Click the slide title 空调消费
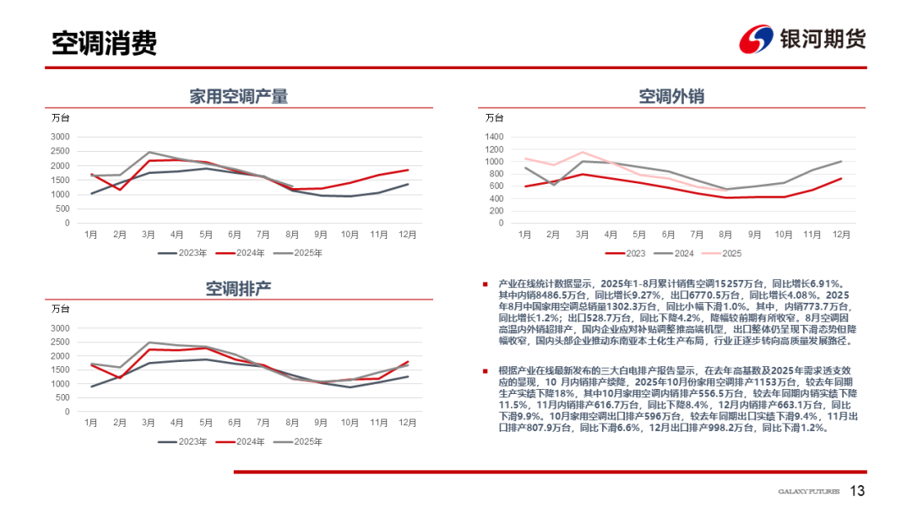tap(104, 42)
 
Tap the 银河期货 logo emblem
tap(756, 39)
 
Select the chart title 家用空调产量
tap(238, 96)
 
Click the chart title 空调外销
tap(671, 96)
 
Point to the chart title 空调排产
tap(238, 289)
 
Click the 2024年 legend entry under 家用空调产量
tap(244, 251)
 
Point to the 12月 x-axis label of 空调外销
tap(841, 234)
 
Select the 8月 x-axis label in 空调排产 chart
tap(292, 422)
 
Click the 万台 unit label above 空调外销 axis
tap(494, 117)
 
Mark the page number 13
tap(857, 491)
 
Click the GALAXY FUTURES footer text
tap(808, 492)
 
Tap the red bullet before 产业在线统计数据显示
tap(485, 285)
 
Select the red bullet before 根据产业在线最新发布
tap(485, 370)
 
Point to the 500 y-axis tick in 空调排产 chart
tap(62, 398)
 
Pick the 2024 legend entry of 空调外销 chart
tap(678, 252)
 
